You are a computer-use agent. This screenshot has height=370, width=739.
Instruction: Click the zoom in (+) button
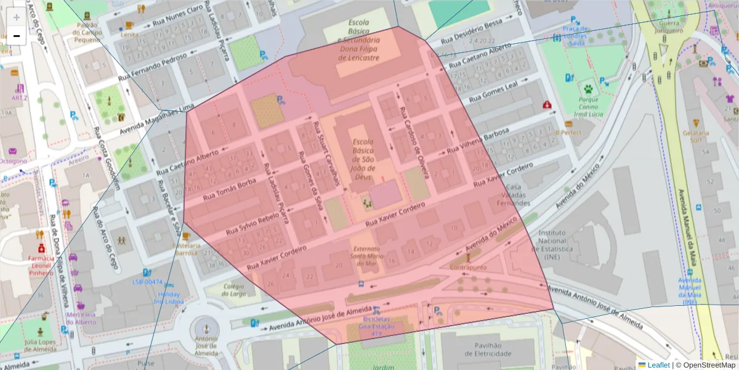(17, 17)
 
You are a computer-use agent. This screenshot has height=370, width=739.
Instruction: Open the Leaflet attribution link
(658, 365)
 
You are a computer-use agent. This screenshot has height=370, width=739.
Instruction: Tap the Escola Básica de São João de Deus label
(363, 158)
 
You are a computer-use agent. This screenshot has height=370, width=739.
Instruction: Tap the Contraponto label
(469, 268)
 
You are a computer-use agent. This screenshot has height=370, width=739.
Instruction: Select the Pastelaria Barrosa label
(185, 249)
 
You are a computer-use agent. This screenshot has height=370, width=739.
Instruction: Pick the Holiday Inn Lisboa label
(169, 298)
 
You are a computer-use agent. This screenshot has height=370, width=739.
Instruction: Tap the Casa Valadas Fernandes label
(517, 195)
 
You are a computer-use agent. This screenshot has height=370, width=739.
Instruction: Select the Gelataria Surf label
(696, 136)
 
